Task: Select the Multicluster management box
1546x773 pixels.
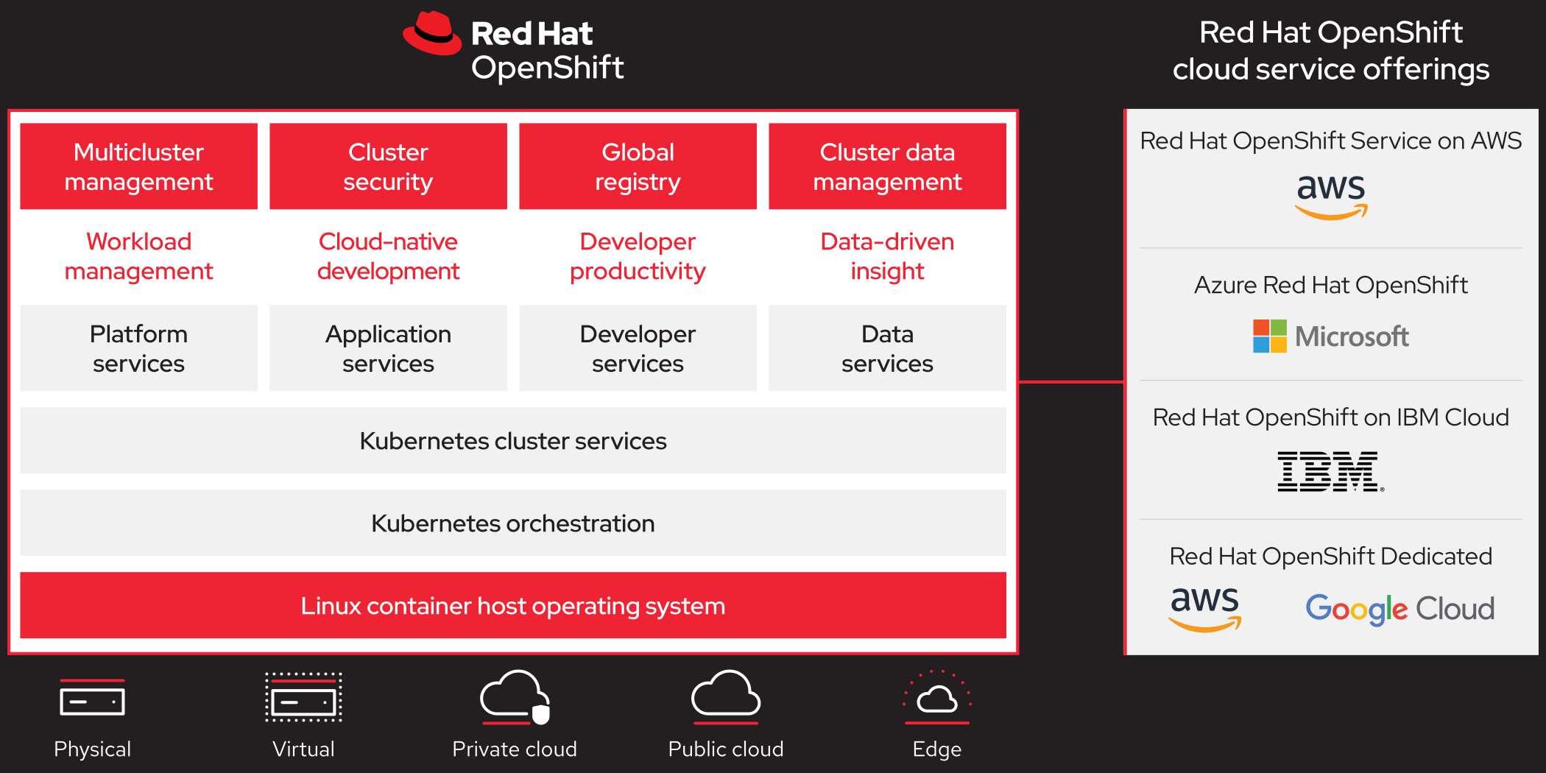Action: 138,166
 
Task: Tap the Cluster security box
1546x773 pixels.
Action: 388,166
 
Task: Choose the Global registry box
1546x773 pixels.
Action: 638,166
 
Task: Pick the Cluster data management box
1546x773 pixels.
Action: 887,166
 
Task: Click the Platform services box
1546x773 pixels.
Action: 138,348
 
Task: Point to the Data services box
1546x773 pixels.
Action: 887,348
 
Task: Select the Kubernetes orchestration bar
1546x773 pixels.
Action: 512,523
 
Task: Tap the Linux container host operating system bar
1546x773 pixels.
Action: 512,605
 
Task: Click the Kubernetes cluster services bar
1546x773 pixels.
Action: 512,441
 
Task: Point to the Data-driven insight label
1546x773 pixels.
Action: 887,256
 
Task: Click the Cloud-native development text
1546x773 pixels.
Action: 388,256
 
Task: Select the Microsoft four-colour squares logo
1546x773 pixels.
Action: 1270,336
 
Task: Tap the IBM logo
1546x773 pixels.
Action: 1330,472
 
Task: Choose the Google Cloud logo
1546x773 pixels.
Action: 1399,609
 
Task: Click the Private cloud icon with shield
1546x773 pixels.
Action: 515,696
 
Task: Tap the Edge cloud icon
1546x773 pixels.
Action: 936,696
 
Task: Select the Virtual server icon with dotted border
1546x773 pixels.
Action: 303,697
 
